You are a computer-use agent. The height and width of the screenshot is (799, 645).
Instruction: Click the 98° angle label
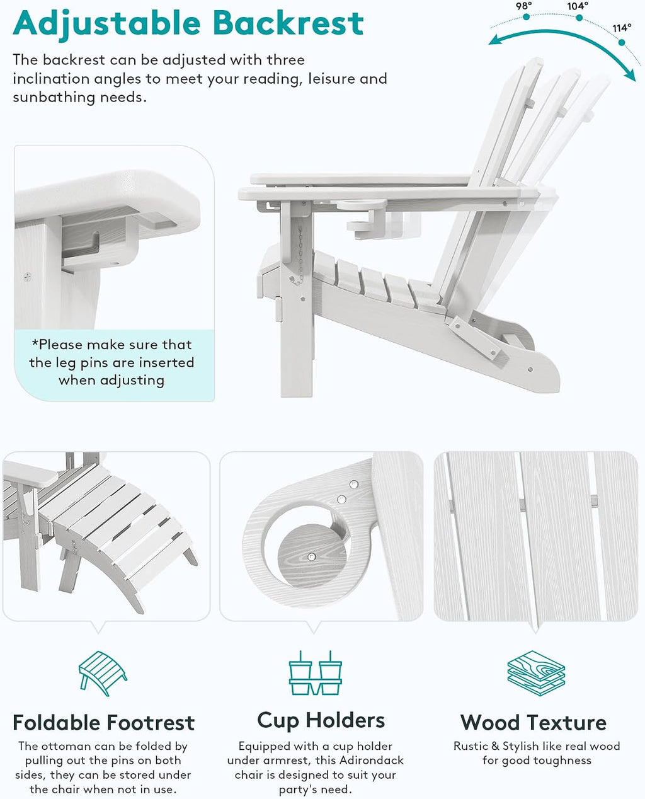pos(524,6)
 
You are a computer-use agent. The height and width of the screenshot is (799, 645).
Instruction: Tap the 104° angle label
pos(578,6)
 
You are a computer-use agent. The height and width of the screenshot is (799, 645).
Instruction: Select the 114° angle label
pos(622,28)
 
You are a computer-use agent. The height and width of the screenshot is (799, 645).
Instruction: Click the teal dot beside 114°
pos(622,43)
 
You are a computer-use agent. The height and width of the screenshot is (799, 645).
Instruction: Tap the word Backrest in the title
pos(288,23)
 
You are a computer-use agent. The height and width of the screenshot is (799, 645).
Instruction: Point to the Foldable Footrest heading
pos(103,723)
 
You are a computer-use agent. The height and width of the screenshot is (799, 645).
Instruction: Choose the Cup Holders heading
pos(321,721)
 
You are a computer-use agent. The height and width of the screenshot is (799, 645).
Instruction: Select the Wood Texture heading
pos(534,723)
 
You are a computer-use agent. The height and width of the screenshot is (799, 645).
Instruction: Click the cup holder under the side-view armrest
pos(362,214)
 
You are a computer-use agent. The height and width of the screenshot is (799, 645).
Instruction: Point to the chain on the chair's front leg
pos(300,255)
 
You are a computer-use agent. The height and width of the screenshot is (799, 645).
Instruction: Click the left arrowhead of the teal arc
pos(496,40)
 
